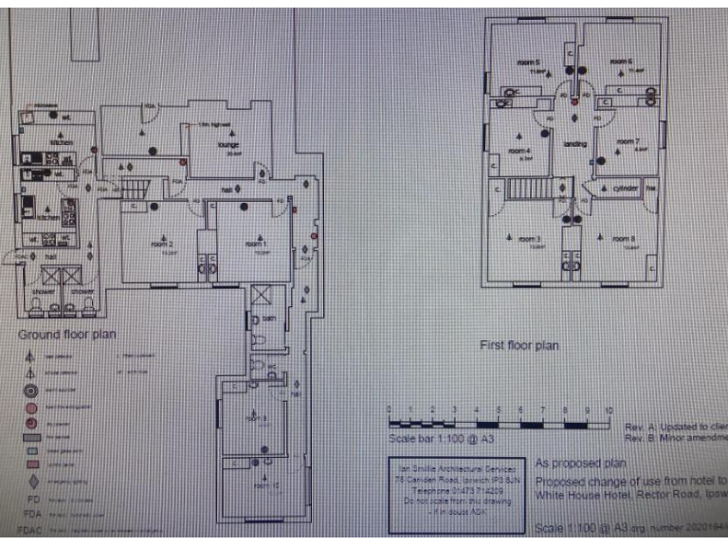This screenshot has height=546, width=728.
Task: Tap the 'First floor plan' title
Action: (x=519, y=346)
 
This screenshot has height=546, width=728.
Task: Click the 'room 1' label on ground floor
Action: (x=255, y=244)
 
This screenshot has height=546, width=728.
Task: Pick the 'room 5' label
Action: (x=529, y=63)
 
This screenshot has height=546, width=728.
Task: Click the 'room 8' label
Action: (x=622, y=237)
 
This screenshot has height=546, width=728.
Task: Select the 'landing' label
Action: (x=575, y=144)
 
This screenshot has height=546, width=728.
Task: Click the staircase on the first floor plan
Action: (x=522, y=190)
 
